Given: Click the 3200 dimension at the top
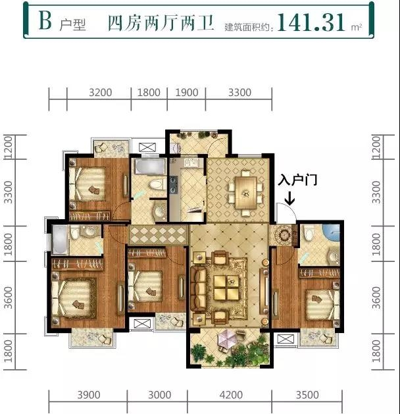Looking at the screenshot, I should (x=100, y=93).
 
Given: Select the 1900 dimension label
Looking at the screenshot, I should (x=187, y=93).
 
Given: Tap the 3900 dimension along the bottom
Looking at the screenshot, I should (x=88, y=395).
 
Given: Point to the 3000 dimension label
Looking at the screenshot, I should (x=159, y=395).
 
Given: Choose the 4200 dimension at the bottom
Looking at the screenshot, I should (x=231, y=395).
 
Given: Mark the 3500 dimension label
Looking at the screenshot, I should (x=307, y=395).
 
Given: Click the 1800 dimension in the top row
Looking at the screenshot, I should (x=149, y=93).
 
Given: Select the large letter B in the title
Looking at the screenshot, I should (x=45, y=22).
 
